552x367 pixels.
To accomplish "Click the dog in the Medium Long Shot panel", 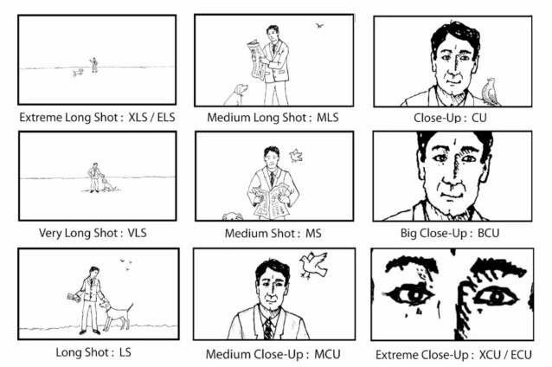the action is tap(236, 93).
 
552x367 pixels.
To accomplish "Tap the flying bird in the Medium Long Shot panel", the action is tap(320, 26).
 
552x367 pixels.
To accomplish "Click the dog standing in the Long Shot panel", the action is tap(116, 312).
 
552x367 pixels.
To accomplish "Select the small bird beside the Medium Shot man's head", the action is tap(296, 156).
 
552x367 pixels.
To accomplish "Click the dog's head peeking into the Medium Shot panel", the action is tap(232, 216).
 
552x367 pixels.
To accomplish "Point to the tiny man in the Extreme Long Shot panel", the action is tap(93, 64).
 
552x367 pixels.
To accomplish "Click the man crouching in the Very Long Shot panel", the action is tap(95, 177).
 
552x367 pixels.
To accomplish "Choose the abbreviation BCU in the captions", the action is tap(486, 234).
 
